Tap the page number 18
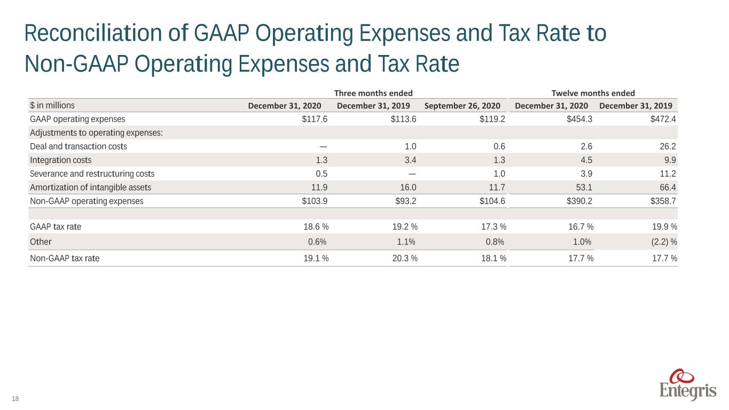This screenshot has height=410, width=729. [x=15, y=399]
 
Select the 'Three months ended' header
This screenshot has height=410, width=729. [x=373, y=93]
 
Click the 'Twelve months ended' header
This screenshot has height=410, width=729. [x=593, y=93]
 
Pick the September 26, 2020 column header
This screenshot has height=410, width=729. [x=462, y=106]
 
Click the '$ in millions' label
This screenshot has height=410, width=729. [x=52, y=105]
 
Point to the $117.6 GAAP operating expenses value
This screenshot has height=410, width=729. [x=315, y=119]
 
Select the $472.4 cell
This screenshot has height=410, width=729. [x=663, y=119]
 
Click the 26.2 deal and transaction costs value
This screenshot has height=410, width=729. [x=668, y=146]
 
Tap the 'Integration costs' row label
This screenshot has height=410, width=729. [x=60, y=160]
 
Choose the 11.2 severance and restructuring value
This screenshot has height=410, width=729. [x=668, y=174]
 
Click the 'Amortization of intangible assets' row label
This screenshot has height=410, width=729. [x=90, y=187]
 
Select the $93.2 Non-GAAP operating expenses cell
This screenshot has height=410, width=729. [x=405, y=201]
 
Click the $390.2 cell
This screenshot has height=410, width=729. [x=579, y=201]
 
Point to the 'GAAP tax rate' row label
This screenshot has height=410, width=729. [x=56, y=226]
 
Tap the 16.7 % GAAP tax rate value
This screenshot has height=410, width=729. [x=581, y=226]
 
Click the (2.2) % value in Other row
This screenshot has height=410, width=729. [x=664, y=242]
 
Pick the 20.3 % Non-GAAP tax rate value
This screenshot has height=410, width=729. [x=405, y=258]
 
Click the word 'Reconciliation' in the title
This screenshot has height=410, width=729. [x=93, y=33]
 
